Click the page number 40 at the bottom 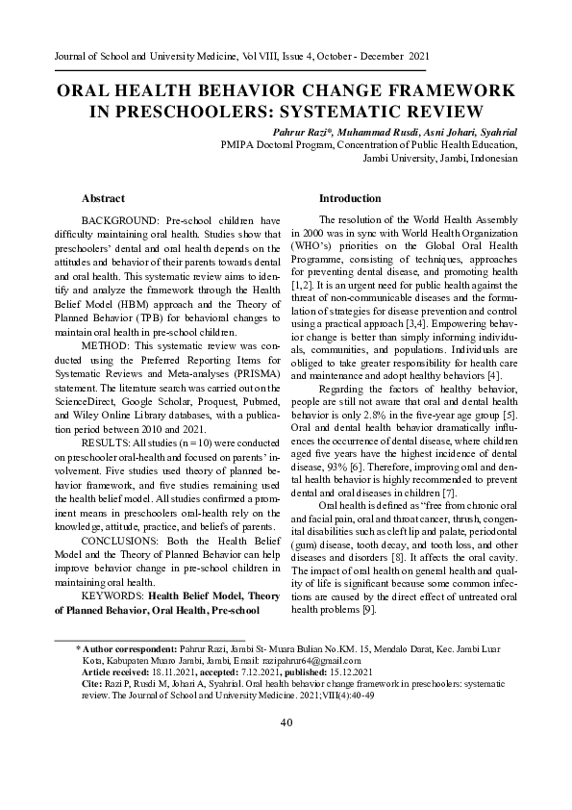tap(286, 722)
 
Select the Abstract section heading tap(103, 198)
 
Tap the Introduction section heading tap(349, 198)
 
